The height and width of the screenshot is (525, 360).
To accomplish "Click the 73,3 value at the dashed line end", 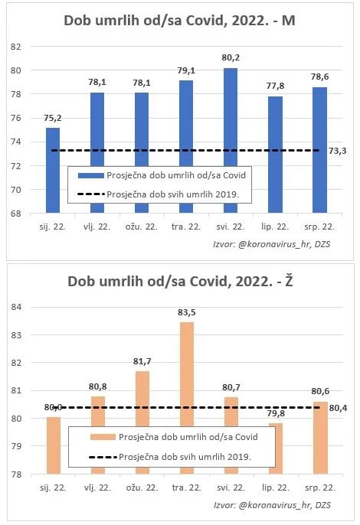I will click(337, 152).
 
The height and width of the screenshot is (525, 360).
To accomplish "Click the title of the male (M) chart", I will click(179, 22).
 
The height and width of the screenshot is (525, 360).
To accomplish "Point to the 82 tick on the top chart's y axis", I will click(15, 47).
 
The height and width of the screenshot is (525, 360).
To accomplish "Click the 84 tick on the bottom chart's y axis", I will click(15, 307).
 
